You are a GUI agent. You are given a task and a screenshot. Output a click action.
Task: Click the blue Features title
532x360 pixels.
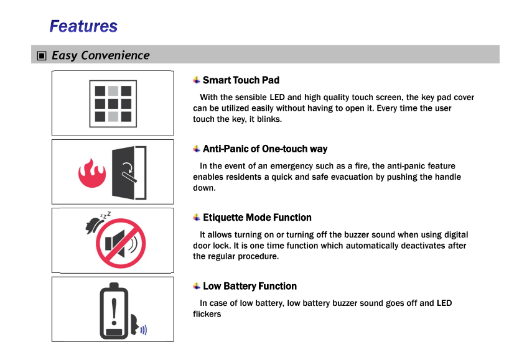(x=83, y=26)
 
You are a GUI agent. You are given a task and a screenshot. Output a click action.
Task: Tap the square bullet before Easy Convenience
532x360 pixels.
(x=42, y=55)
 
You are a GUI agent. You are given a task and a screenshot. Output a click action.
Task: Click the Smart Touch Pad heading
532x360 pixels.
(x=241, y=80)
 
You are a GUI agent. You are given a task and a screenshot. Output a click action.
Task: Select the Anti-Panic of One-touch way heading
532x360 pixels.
(x=265, y=149)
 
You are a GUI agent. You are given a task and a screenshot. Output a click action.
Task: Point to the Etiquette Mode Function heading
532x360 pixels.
(x=257, y=218)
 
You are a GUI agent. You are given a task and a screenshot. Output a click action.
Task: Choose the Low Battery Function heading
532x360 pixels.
(x=250, y=287)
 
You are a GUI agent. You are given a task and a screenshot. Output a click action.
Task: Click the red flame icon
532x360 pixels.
(x=92, y=173)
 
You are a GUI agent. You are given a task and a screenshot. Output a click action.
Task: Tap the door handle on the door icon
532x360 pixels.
(x=129, y=177)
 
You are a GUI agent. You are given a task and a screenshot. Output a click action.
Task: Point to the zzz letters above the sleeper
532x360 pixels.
(x=106, y=215)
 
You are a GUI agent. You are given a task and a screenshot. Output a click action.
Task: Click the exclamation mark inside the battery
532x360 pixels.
(x=114, y=312)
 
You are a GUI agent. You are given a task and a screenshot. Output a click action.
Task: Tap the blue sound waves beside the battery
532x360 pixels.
(x=144, y=330)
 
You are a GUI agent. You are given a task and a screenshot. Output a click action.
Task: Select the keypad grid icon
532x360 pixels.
(x=113, y=104)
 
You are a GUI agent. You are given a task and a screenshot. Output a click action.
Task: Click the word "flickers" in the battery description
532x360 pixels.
(x=207, y=314)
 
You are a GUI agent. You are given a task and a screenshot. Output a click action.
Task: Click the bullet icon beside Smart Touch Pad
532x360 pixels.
(x=197, y=80)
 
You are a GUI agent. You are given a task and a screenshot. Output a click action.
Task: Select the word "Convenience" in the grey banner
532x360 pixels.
(x=115, y=55)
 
